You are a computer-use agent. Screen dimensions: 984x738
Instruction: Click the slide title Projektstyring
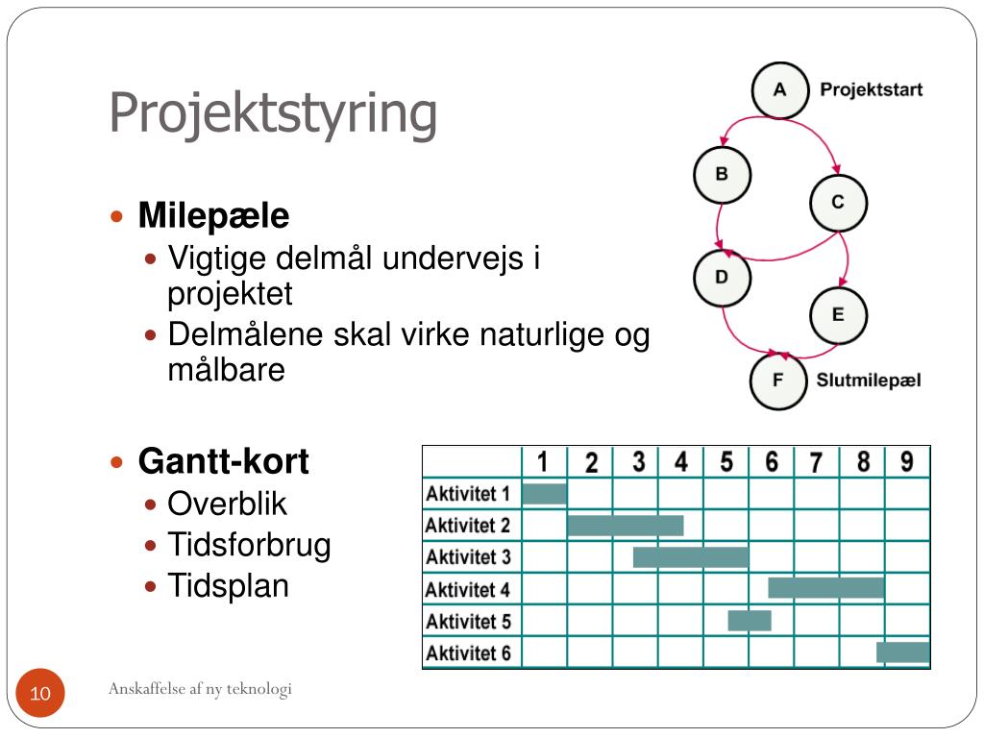pos(273,113)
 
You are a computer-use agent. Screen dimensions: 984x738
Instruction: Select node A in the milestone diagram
pos(779,90)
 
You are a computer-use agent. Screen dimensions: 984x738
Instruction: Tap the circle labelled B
pos(722,175)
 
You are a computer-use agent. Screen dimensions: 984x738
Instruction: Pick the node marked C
pos(838,203)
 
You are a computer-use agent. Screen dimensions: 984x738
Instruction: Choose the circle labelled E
pos(838,314)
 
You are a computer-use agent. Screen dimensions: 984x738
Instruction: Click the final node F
pos(778,381)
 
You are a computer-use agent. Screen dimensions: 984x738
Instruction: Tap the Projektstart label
pos(871,90)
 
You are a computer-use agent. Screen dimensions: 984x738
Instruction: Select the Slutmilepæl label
pos(869,381)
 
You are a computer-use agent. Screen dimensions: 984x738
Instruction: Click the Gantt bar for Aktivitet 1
pos(544,494)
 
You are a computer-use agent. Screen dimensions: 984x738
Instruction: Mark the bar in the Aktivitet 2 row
pos(625,526)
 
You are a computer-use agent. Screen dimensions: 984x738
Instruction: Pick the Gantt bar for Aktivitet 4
pos(825,588)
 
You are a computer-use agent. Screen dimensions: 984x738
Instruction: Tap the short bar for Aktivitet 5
pos(749,621)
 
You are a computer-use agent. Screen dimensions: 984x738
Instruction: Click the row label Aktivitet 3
pos(468,557)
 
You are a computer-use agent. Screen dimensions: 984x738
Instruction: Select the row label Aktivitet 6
pos(468,653)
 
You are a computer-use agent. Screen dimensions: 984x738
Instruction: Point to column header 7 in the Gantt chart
pos(816,463)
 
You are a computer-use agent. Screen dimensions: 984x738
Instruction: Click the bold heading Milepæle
pos(213,216)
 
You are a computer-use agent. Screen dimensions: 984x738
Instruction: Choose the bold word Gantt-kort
pos(224,462)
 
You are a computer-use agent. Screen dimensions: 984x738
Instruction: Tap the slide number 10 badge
pos(40,694)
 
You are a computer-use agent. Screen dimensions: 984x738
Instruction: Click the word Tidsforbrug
pos(249,545)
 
